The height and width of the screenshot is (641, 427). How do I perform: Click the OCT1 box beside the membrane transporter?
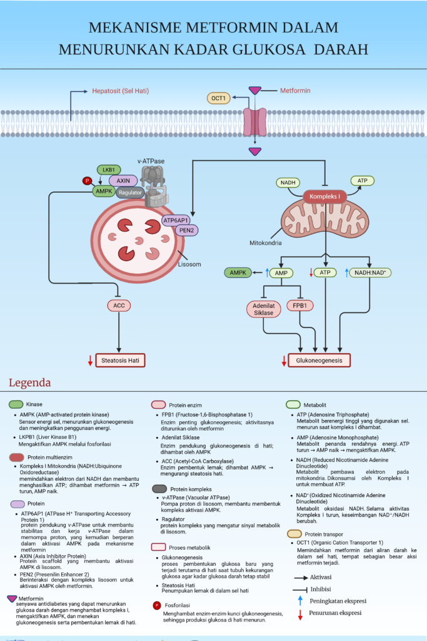click(x=218, y=98)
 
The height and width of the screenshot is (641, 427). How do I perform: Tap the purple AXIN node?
click(x=123, y=180)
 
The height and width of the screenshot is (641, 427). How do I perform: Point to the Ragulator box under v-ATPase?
click(x=130, y=193)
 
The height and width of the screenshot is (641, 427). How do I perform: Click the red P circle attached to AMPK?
click(x=87, y=180)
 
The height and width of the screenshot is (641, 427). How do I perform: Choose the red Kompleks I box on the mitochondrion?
click(x=324, y=196)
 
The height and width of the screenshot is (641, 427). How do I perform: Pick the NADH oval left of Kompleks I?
click(x=288, y=182)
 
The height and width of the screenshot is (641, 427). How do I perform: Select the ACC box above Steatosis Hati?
click(x=118, y=305)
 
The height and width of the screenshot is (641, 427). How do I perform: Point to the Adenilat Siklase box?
click(x=264, y=309)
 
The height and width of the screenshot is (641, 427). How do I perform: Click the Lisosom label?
click(x=189, y=264)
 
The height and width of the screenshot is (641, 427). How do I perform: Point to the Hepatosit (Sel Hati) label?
click(x=120, y=91)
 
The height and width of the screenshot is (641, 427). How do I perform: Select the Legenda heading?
click(x=29, y=382)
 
